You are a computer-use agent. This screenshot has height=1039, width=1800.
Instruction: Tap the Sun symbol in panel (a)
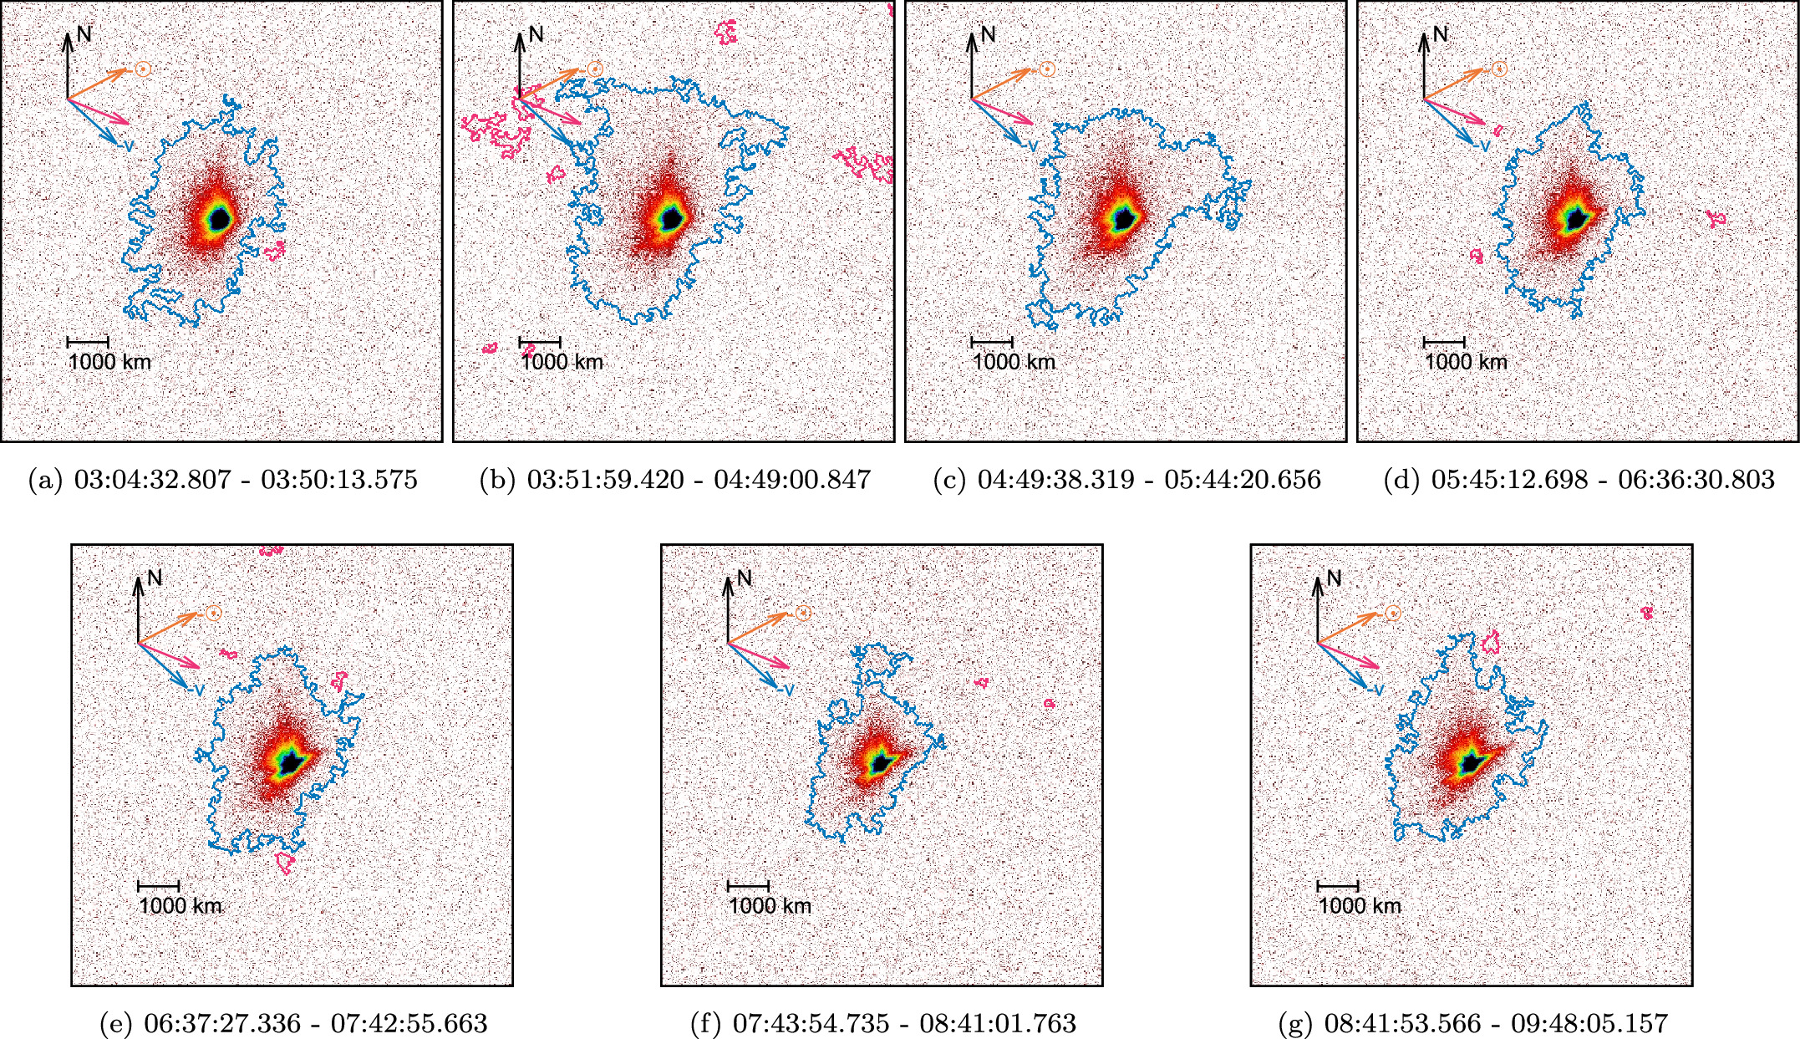(x=143, y=69)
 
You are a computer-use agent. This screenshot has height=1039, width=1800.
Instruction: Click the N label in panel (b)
(x=536, y=34)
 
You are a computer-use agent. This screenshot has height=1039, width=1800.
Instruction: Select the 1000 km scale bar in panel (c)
(x=992, y=342)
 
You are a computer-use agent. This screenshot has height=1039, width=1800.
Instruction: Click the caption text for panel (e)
(x=292, y=1022)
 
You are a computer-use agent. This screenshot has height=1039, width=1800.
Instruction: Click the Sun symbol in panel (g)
(x=1393, y=613)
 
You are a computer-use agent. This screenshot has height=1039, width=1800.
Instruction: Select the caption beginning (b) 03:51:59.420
(x=675, y=480)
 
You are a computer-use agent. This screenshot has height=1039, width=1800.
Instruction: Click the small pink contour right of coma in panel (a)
(x=274, y=249)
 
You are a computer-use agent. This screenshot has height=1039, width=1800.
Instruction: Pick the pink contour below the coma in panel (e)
(x=285, y=863)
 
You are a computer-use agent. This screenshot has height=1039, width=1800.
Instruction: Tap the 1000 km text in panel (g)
(x=1360, y=905)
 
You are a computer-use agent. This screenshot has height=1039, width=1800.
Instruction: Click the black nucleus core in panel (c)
(x=1125, y=218)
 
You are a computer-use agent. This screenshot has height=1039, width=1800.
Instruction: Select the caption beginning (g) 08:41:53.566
(x=1472, y=1022)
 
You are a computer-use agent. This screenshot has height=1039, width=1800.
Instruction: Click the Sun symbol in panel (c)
(x=1047, y=69)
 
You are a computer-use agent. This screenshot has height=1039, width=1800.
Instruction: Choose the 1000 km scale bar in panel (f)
(x=748, y=885)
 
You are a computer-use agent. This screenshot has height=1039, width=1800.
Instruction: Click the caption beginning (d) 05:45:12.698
(x=1579, y=480)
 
